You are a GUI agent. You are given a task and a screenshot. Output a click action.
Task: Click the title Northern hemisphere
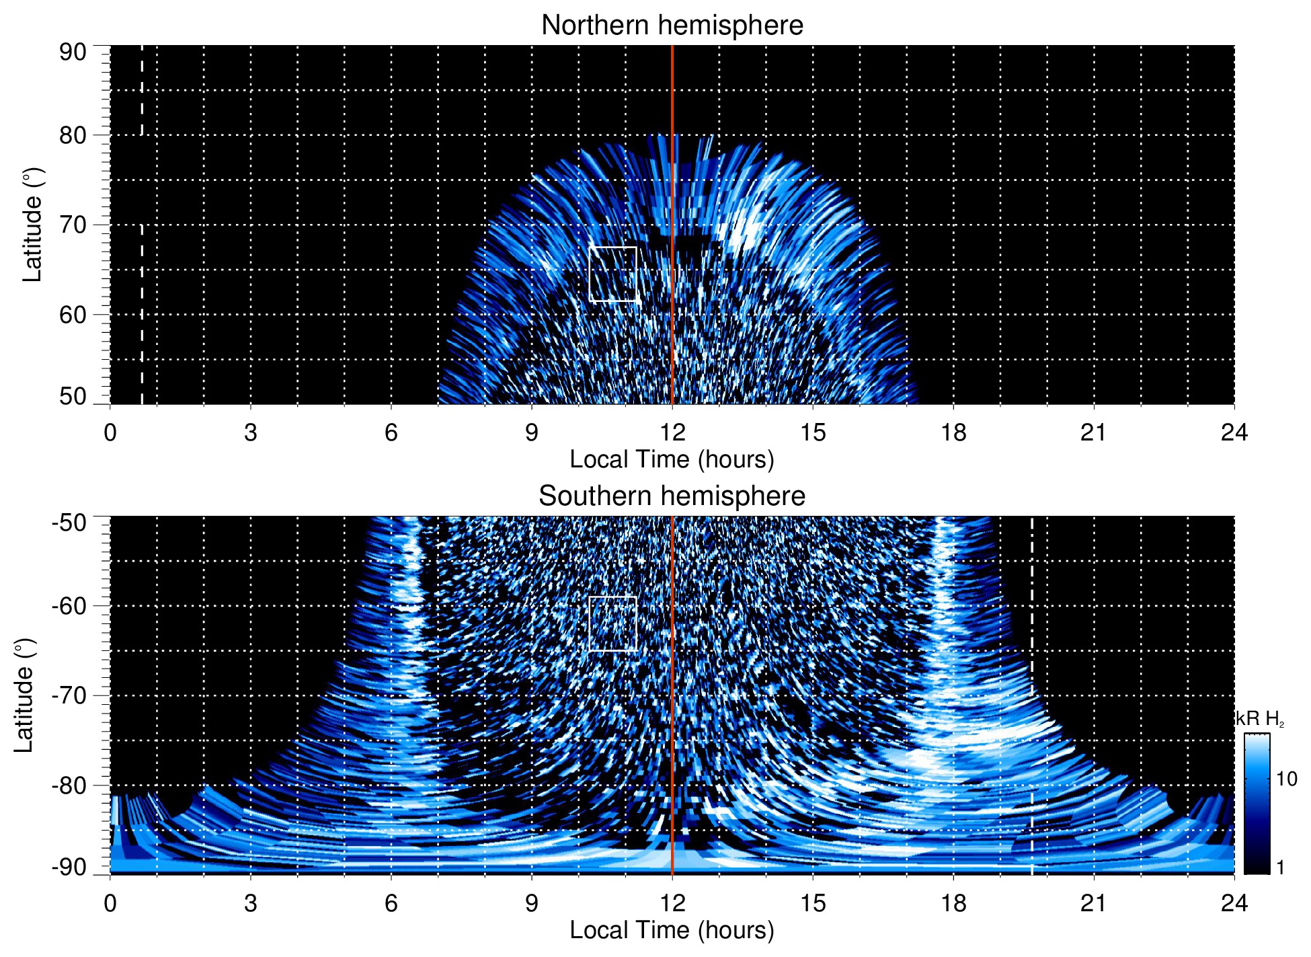click(672, 26)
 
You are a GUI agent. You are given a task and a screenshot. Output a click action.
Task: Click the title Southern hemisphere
click(672, 496)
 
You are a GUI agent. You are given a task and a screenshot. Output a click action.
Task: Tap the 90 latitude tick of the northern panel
click(73, 52)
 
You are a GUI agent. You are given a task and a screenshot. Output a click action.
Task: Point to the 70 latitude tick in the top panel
click(73, 225)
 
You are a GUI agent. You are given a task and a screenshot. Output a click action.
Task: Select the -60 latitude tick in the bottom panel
click(69, 606)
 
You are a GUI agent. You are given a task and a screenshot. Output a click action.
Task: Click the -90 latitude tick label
click(69, 867)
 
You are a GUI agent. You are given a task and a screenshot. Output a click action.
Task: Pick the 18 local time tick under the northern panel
click(953, 432)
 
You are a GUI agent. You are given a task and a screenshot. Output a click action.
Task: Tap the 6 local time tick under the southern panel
click(391, 903)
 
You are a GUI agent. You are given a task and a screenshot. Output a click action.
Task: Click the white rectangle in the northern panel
click(612, 274)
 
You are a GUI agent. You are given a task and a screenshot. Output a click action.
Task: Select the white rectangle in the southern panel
click(612, 623)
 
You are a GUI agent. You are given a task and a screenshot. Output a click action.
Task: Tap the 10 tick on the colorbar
click(1286, 779)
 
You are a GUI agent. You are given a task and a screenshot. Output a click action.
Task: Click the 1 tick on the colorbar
click(1280, 867)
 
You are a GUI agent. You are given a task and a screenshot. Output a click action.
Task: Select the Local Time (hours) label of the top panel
click(672, 459)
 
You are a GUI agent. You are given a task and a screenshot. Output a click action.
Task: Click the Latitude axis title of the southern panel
click(24, 695)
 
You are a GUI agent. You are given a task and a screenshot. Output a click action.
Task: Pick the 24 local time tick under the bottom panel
click(1234, 903)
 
